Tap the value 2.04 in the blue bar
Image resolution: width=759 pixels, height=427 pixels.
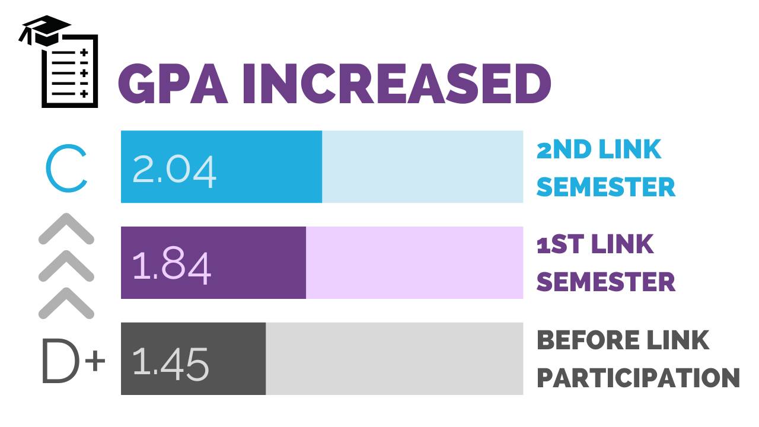(x=174, y=170)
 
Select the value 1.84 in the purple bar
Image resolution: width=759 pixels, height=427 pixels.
(x=171, y=265)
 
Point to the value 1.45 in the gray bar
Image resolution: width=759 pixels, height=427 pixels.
(x=171, y=362)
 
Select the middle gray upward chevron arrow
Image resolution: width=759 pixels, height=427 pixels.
(x=66, y=266)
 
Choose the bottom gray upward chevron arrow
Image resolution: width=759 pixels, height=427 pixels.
(x=66, y=303)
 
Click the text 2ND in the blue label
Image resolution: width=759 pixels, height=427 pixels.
(x=564, y=149)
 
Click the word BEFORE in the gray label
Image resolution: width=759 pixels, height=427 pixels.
(x=578, y=340)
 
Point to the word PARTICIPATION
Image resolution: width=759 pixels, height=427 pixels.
(x=638, y=378)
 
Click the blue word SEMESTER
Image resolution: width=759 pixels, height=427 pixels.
(x=605, y=187)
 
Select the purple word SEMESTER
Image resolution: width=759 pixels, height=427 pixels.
(x=605, y=282)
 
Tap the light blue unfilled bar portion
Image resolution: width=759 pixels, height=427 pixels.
(x=422, y=167)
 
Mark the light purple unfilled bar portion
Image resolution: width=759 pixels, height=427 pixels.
(x=414, y=262)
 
